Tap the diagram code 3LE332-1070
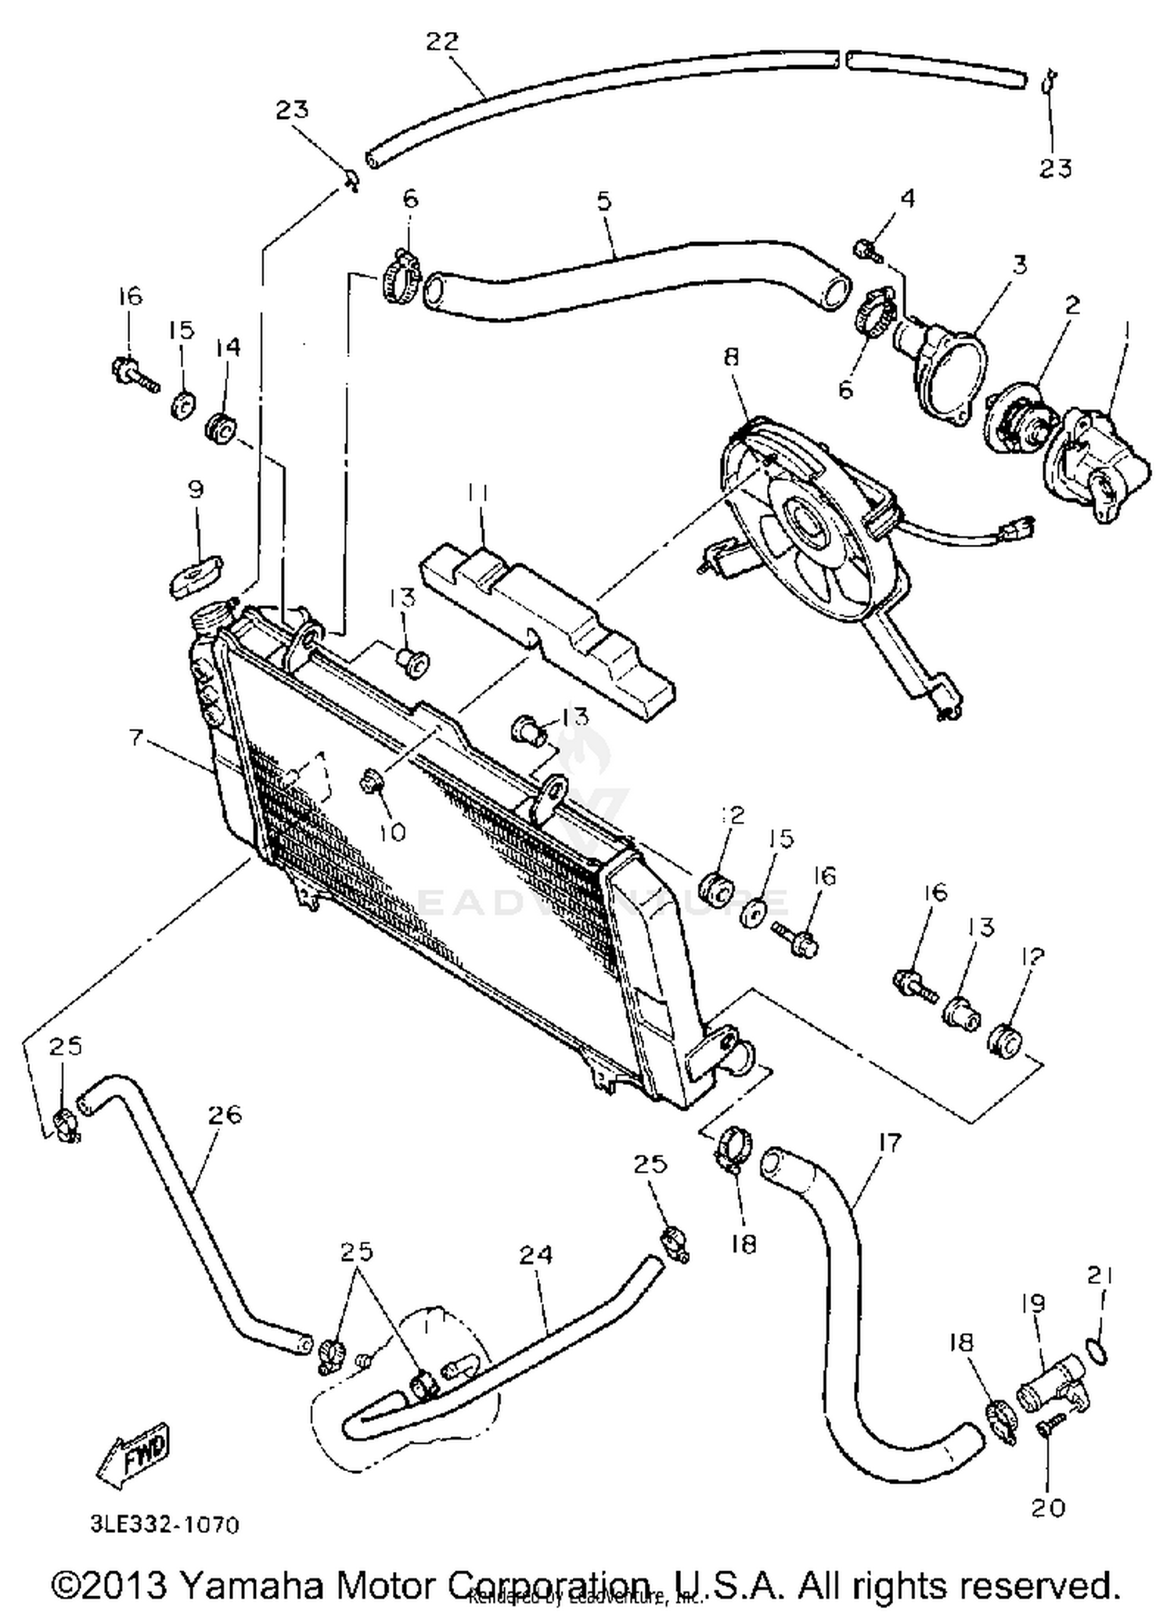(x=164, y=1525)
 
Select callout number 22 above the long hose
(x=441, y=41)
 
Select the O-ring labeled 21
(x=1097, y=1352)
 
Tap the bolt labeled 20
(x=1048, y=1427)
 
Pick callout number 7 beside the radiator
(x=137, y=737)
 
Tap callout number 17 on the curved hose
(x=890, y=1142)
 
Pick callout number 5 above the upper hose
(x=603, y=202)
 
